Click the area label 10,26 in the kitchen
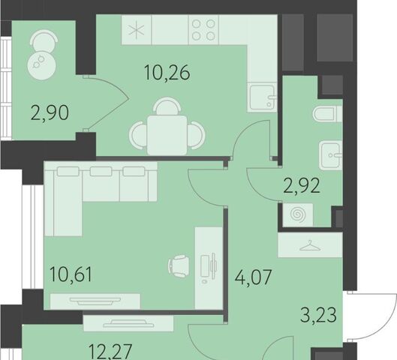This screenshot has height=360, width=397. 167,73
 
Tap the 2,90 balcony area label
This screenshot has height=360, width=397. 50,113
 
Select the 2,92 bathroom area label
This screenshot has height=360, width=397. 302,186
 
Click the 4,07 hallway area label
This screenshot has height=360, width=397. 253,277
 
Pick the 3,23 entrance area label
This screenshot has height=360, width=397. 318,315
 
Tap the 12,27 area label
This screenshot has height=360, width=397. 110,352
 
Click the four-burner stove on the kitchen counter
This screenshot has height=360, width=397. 203,30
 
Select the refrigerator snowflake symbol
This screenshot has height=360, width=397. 137,31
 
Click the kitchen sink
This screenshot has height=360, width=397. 262,97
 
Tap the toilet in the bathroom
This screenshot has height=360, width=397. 327,114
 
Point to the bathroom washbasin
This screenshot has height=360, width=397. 331,155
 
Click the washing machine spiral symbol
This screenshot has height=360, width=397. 298,214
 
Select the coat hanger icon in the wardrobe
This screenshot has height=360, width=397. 310,245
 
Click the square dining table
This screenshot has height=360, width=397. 167,135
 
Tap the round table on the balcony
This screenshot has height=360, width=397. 41,66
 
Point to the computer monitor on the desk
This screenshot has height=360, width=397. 213,266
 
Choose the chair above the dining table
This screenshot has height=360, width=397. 167,106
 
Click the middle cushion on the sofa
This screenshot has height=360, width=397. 101,172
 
